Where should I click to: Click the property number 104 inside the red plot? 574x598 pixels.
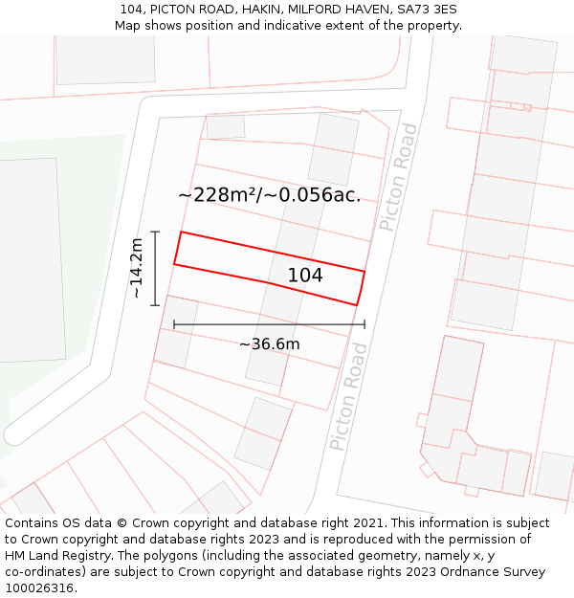305,276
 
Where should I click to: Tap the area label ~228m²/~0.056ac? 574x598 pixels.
269,195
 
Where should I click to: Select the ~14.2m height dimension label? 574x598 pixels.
137,268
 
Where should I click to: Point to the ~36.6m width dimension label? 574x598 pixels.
269,344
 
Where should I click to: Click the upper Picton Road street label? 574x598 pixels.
398,177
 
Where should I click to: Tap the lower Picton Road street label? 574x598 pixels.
348,410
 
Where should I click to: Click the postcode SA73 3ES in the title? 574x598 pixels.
428,10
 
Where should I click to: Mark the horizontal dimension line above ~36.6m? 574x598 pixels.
269,324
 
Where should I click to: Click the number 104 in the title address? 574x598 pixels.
132,10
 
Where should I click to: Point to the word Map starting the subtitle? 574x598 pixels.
127,26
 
